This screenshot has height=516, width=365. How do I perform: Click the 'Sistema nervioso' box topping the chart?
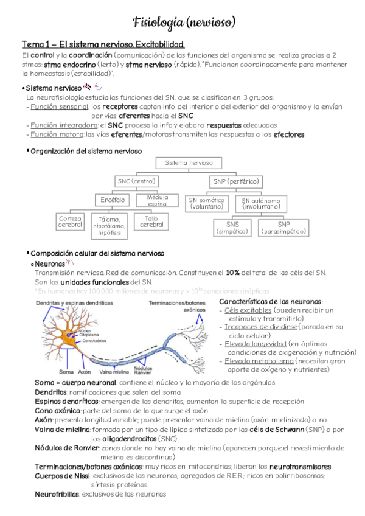189,163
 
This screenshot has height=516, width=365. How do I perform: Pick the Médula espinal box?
158,200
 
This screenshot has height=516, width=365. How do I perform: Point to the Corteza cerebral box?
69,222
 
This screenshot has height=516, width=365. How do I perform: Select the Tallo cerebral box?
152,221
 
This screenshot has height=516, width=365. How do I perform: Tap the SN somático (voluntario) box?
207,203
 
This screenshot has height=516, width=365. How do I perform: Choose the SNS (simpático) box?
232,228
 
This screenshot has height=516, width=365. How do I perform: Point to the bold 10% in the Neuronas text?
234,273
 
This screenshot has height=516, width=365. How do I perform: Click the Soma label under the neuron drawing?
66,371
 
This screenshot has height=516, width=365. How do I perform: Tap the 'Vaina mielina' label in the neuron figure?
114,371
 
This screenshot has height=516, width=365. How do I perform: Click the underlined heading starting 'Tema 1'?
103,45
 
